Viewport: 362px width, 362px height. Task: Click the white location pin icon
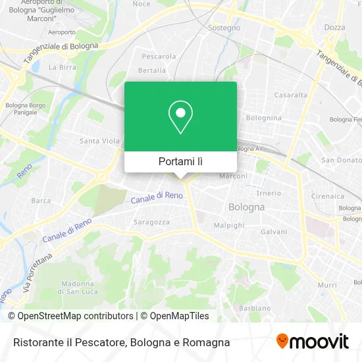[x=180, y=116]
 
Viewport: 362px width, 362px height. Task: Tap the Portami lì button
[x=180, y=161]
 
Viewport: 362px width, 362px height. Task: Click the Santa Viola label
[x=99, y=141]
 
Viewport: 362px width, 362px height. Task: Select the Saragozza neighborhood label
[x=152, y=222]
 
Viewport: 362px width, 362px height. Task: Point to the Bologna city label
[x=246, y=207]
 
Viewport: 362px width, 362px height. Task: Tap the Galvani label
[x=274, y=232]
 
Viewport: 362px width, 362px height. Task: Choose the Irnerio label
[x=269, y=193]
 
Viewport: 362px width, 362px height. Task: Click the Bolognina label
[x=263, y=118]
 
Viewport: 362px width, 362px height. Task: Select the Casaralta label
[x=291, y=95]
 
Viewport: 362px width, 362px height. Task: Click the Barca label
[x=41, y=201]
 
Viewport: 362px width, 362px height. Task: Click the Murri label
[x=327, y=285]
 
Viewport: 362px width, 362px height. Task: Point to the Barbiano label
[x=255, y=308]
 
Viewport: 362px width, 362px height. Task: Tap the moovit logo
[x=312, y=341]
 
